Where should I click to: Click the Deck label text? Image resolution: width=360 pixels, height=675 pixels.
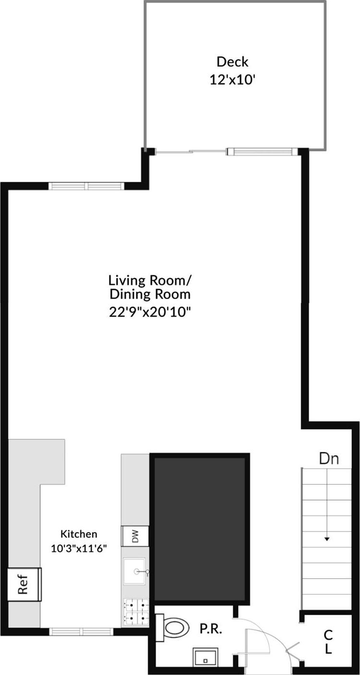tap(232, 61)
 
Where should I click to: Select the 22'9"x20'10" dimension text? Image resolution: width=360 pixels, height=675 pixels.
tap(150, 312)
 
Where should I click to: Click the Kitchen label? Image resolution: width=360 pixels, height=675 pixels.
tap(79, 533)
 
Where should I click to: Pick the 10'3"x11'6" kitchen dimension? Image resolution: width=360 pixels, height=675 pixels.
tap(79, 548)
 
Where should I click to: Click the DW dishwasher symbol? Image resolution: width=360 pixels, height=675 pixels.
tap(135, 535)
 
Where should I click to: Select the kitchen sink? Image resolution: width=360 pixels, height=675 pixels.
tap(136, 571)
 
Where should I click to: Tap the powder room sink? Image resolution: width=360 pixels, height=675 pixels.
tap(205, 658)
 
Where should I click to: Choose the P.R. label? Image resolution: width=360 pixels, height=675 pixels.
tap(211, 629)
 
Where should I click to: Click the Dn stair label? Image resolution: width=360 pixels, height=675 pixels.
tap(329, 458)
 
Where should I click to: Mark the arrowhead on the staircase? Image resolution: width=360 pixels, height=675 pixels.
tap(327, 539)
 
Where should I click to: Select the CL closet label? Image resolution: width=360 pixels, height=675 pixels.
tap(328, 642)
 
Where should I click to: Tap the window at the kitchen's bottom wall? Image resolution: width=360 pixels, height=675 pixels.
tap(81, 631)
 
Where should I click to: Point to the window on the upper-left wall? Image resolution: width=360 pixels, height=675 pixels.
tap(86, 186)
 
